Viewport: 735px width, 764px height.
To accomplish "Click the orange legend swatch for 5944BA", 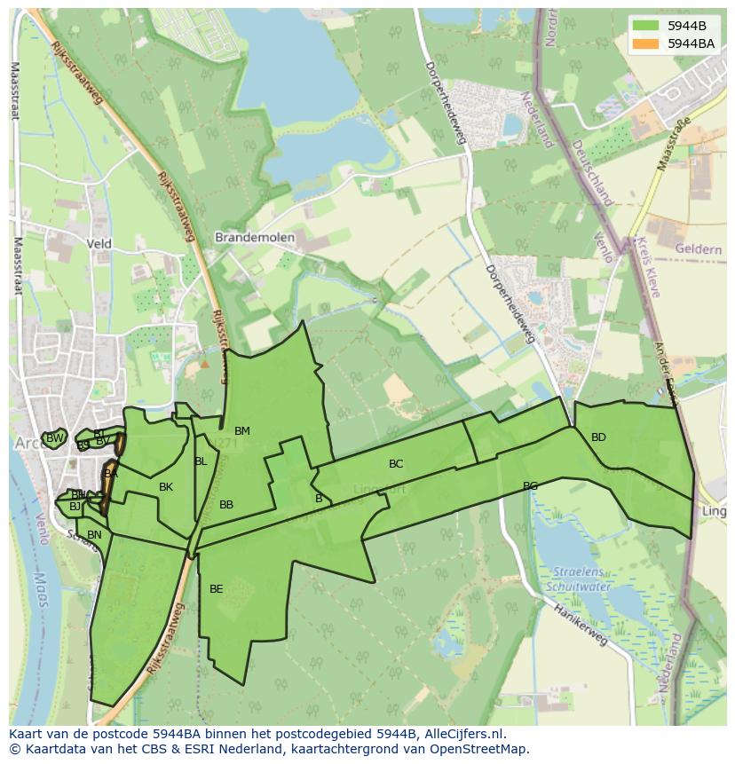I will pyautogui.click(x=645, y=43).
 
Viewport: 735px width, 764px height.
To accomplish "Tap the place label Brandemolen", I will pyautogui.click(x=255, y=238).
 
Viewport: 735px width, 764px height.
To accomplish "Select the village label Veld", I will pyautogui.click(x=99, y=243).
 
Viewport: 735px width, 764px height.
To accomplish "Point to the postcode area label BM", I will pyautogui.click(x=242, y=431).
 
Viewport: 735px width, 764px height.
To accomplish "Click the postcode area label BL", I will pyautogui.click(x=201, y=461).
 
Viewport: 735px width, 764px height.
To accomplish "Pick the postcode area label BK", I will pyautogui.click(x=166, y=487).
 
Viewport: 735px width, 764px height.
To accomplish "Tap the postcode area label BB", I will pyautogui.click(x=226, y=505).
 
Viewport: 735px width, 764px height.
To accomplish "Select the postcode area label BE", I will pyautogui.click(x=217, y=588).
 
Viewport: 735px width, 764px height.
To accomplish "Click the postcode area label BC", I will pyautogui.click(x=396, y=464).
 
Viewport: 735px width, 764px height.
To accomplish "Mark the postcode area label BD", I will pyautogui.click(x=598, y=437).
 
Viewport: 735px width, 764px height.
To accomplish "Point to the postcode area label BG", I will pyautogui.click(x=530, y=486).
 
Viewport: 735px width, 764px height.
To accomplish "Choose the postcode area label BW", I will pyautogui.click(x=55, y=438).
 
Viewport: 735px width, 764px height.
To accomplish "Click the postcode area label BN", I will pyautogui.click(x=94, y=535).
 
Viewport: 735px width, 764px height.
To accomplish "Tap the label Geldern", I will pyautogui.click(x=698, y=250).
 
